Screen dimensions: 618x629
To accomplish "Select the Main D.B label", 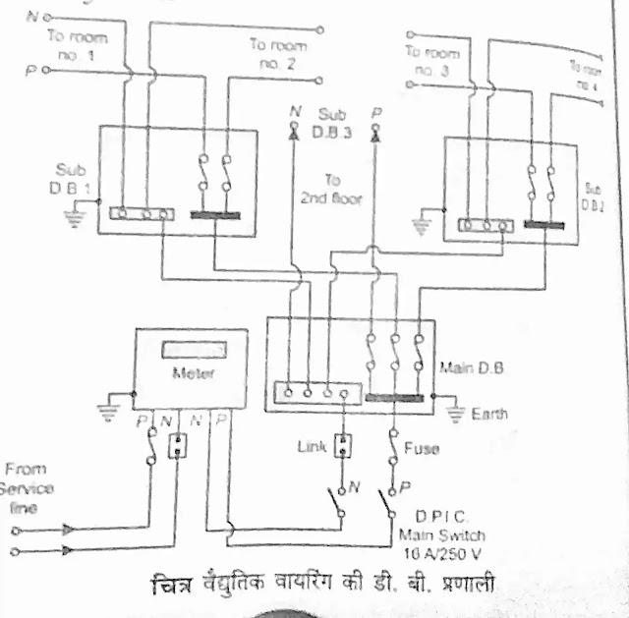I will (458, 368).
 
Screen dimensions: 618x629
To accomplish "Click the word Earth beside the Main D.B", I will (489, 414).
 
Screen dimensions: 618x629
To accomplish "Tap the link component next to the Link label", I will (344, 447).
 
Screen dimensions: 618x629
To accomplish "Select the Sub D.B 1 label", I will (71, 178).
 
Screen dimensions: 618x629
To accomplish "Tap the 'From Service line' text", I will (29, 489).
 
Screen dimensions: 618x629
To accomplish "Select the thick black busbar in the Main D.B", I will (395, 397).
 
